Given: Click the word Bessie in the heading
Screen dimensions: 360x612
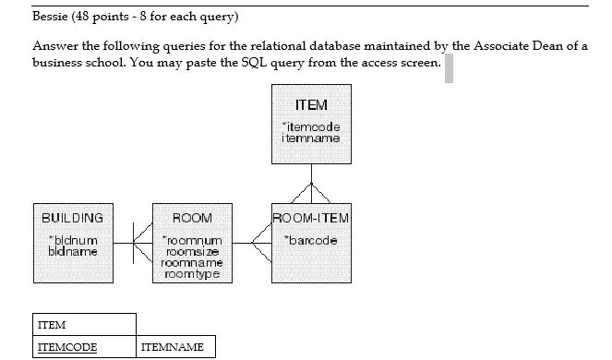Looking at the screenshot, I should (49, 17).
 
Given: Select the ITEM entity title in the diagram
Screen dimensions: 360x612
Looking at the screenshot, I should (311, 105).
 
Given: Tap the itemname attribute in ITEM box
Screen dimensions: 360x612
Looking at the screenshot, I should (311, 138).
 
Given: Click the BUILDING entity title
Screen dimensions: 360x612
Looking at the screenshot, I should (72, 218).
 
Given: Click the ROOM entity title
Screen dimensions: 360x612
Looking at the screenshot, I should (192, 218).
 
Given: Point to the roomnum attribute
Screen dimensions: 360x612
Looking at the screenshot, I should (193, 240).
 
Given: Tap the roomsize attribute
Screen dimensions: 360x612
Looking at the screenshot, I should (193, 251).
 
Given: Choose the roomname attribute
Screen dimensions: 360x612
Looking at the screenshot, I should (193, 263).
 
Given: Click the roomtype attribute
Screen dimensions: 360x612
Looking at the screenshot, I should (193, 274).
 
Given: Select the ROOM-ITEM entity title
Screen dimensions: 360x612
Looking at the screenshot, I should (311, 218).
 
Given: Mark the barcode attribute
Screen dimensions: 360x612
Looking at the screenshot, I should (311, 240).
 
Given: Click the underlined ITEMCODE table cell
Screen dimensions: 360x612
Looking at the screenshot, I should (66, 348).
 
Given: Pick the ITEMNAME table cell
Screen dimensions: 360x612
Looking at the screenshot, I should (172, 348).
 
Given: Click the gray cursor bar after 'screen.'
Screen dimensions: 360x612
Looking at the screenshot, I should (449, 68).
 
